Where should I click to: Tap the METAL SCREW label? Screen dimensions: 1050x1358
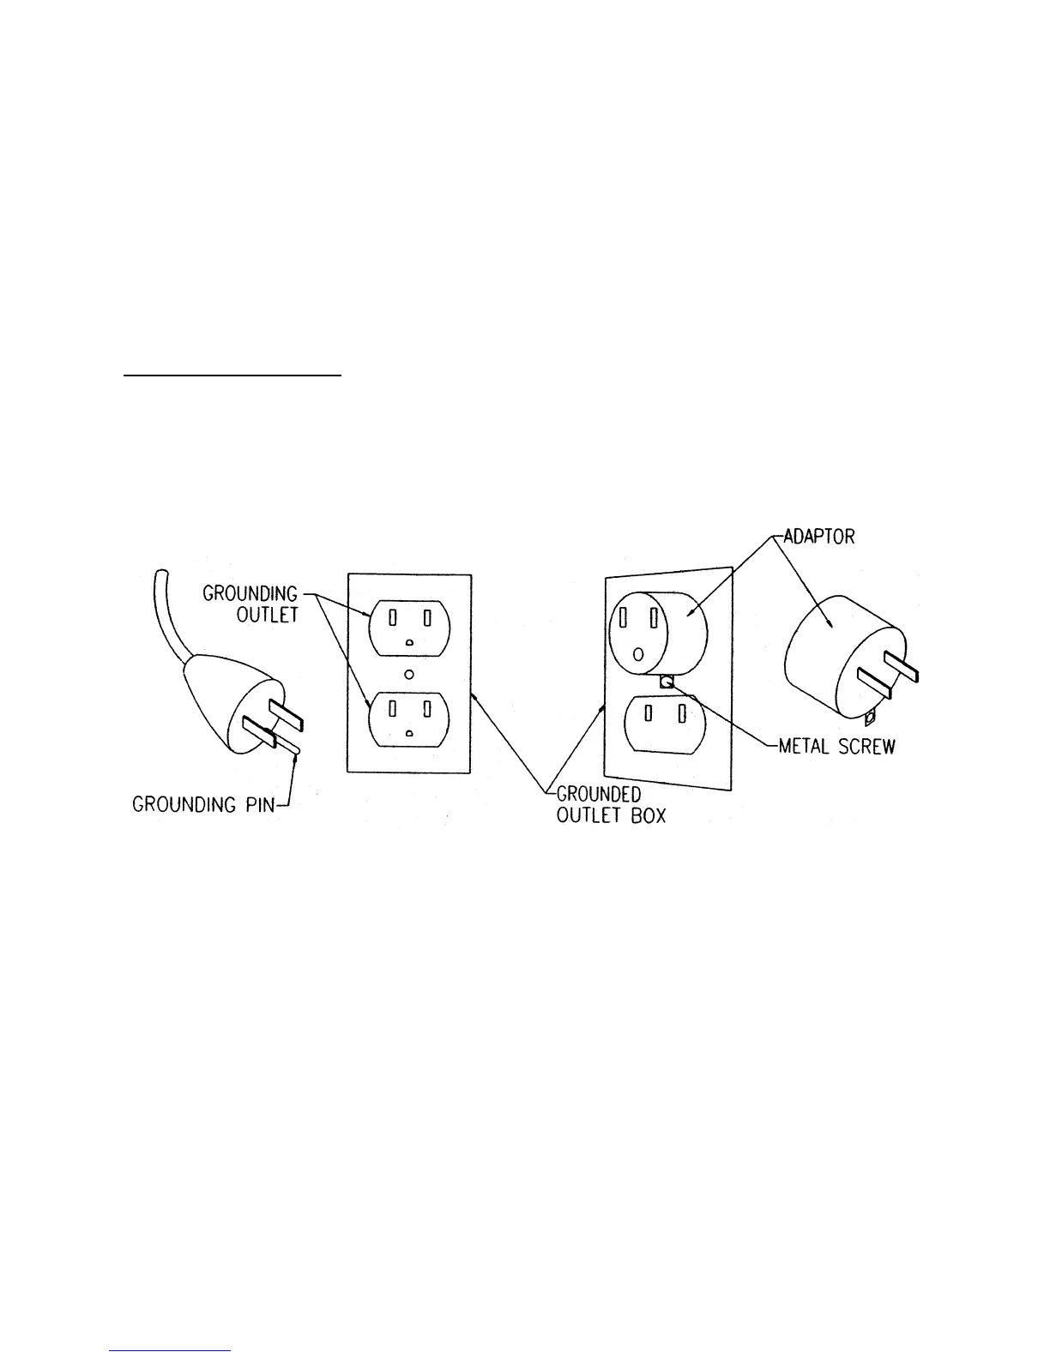(836, 746)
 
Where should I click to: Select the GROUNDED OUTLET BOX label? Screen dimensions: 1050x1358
(610, 804)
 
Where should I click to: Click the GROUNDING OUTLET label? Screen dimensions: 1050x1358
(250, 604)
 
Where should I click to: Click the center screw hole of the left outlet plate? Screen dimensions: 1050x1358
(410, 675)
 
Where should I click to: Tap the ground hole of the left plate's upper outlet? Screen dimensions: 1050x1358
(410, 642)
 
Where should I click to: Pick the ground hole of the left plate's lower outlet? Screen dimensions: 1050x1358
(410, 733)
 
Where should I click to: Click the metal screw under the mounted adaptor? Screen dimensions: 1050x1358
(667, 682)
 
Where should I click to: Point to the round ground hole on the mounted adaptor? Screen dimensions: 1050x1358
(637, 654)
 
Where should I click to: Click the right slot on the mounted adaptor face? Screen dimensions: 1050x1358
(654, 618)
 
